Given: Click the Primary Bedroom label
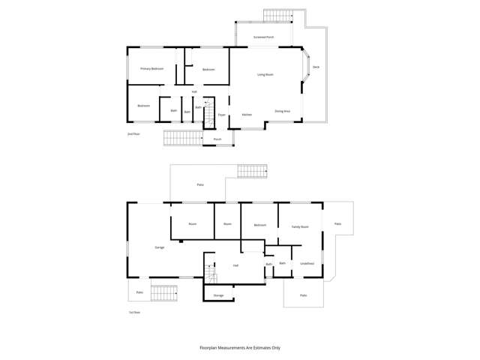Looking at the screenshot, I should point(151,69).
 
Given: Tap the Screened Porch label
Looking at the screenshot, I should point(263,36).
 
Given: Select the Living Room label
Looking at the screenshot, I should point(265,74).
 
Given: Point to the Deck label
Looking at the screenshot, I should point(316,68).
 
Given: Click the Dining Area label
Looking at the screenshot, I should point(282,111).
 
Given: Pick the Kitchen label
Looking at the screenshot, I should point(246,115).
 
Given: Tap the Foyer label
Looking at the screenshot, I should point(222,115).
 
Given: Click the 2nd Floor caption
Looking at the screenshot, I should point(133,133).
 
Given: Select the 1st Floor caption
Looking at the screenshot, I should point(134,312).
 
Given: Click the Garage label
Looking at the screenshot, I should point(159,247).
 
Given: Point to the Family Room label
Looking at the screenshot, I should point(300,226).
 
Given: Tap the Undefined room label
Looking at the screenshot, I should point(307,263).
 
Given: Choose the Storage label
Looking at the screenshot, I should point(218,295).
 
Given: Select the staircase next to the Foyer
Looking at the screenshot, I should point(211,117).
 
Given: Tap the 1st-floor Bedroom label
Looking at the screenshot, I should point(259,225).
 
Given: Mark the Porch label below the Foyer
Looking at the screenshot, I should point(217,139).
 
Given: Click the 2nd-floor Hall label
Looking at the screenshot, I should point(194,92).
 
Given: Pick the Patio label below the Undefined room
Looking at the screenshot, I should point(303,295).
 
